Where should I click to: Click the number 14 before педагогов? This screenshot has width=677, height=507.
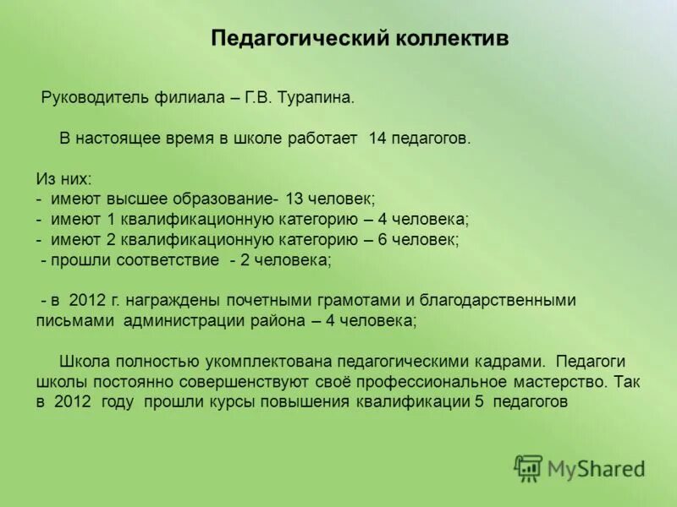click(377, 138)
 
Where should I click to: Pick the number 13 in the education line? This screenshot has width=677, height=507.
click(294, 199)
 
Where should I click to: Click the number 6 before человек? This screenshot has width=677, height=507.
click(383, 240)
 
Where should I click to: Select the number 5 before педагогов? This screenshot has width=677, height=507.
click(479, 402)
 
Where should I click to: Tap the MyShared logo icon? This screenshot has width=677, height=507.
click(528, 468)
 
